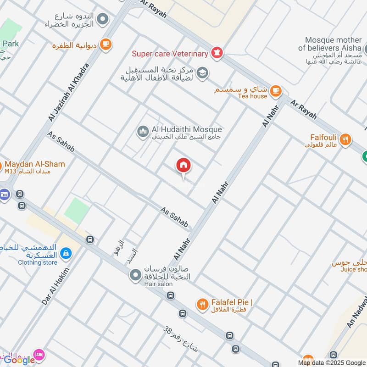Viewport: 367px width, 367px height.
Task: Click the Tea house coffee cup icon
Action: tap(275, 90)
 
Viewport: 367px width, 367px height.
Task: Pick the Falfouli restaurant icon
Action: tap(346, 138)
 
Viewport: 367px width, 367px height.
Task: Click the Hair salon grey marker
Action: tap(135, 275)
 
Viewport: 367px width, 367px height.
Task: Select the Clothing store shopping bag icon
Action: tap(66, 253)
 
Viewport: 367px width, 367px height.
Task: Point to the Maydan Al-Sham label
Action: tap(34, 164)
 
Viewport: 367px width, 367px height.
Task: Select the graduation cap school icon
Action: tap(202, 72)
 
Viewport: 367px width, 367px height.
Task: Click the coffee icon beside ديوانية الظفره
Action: tap(106, 44)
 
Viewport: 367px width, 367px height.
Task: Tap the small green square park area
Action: tap(76, 211)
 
